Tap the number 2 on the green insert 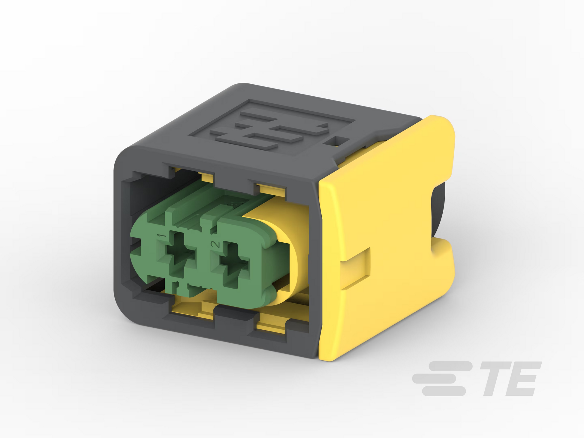(215, 244)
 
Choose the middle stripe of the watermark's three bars (434, 379)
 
